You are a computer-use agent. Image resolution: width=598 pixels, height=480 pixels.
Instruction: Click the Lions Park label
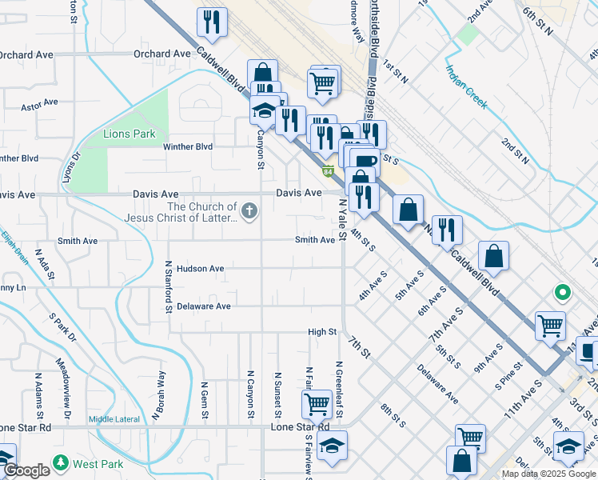[x=130, y=134]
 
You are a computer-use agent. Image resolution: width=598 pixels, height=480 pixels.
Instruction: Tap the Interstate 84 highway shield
[x=329, y=171]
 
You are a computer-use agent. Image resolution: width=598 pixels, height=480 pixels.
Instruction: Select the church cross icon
[x=249, y=212]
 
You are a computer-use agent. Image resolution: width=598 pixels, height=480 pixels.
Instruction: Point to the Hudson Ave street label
[x=200, y=269]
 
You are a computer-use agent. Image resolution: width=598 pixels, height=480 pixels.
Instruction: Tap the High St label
[x=322, y=332]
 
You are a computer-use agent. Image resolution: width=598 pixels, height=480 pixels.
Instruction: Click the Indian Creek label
[x=466, y=87]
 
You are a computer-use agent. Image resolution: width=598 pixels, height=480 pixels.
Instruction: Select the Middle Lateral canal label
[x=114, y=419]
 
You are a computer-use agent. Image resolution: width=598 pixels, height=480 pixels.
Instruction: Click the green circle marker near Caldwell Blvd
[x=562, y=293]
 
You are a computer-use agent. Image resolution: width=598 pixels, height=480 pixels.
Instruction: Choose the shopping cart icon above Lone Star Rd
[x=317, y=403]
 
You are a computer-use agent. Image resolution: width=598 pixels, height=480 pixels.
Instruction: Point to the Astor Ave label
[x=40, y=103]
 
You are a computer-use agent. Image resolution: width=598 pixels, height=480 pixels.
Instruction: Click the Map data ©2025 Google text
[x=548, y=474]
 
